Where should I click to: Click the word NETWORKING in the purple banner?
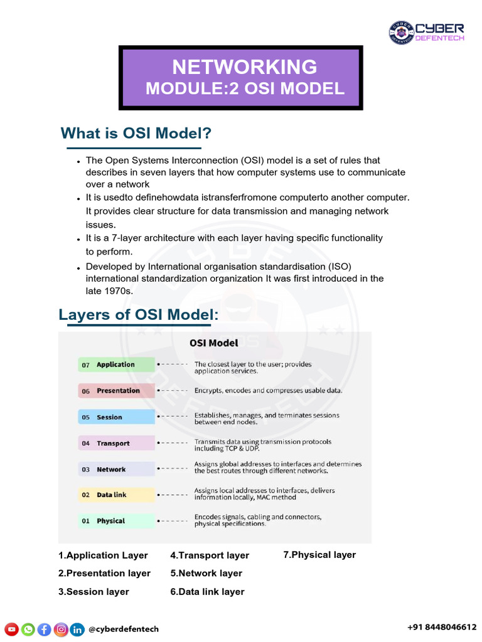click(x=244, y=67)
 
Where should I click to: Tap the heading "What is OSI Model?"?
click(x=136, y=134)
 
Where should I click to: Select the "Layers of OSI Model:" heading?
click(x=139, y=314)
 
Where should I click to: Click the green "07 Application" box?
click(x=116, y=364)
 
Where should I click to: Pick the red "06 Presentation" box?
click(x=116, y=391)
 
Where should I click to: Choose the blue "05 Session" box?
click(x=116, y=417)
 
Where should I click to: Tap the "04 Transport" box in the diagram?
click(x=116, y=443)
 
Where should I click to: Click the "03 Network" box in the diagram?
click(x=116, y=469)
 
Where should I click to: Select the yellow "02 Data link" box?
click(x=116, y=495)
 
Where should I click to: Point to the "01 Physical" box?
click(x=116, y=521)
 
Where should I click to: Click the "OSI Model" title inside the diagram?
click(x=213, y=343)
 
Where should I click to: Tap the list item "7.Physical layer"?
click(x=319, y=555)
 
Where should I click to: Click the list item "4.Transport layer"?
click(x=210, y=555)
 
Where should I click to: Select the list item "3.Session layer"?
click(x=94, y=592)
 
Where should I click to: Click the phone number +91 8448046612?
click(x=442, y=627)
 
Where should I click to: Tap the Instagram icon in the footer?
click(x=61, y=629)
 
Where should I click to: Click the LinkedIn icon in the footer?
click(x=77, y=629)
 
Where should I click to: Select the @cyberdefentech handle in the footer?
click(x=124, y=629)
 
